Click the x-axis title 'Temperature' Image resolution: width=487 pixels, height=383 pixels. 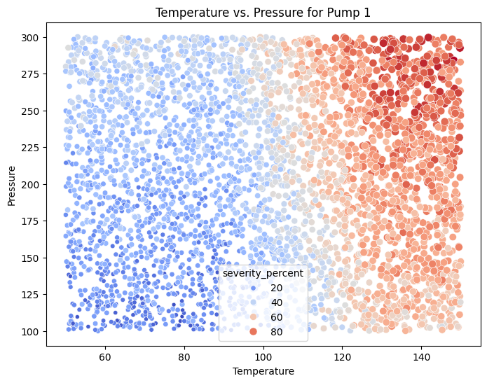point(263,371)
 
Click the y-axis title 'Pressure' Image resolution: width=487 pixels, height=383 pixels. point(12,184)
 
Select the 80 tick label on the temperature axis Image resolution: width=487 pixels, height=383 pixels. point(184,356)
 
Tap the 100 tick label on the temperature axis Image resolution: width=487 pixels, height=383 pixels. point(263,356)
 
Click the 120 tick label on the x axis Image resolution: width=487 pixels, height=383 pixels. point(343,356)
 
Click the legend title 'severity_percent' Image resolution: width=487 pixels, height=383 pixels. point(263,273)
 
